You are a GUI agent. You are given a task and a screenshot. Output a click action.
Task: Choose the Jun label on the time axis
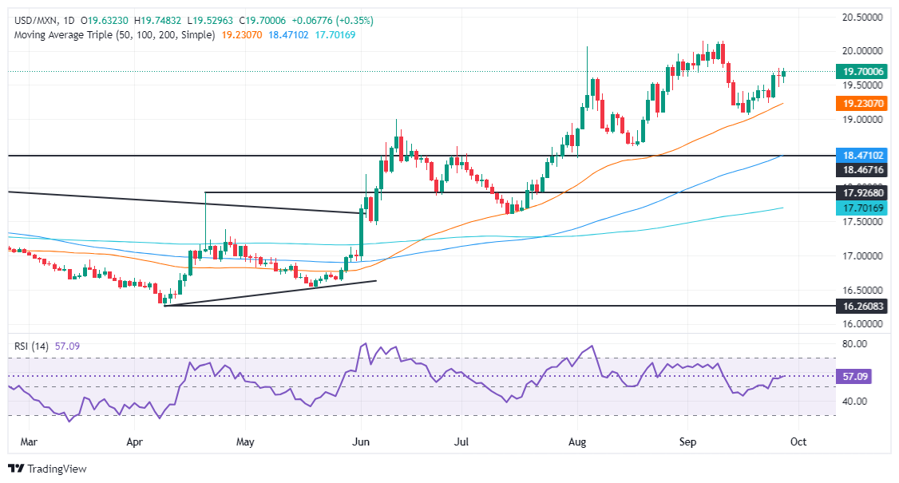[361, 440]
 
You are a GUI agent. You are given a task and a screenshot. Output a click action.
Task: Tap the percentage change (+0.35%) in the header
[355, 20]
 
